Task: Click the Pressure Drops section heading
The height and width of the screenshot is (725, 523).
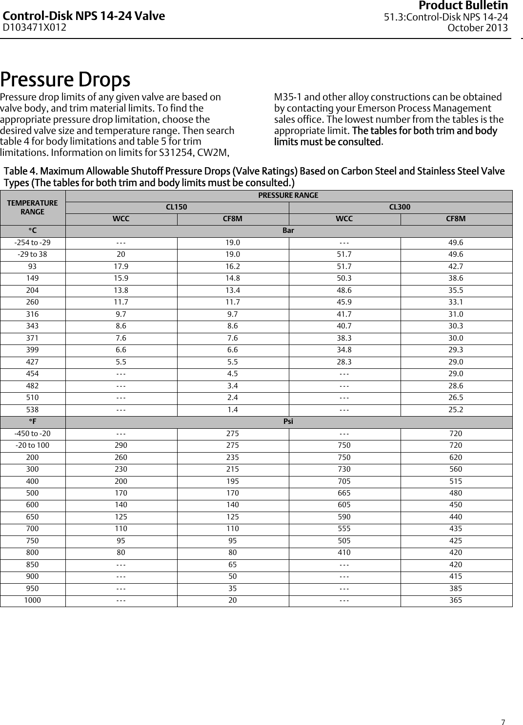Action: pyautogui.click(x=65, y=79)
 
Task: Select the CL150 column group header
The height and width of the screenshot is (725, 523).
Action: pyautogui.click(x=177, y=207)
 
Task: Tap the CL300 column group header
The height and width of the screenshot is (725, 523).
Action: pyautogui.click(x=400, y=207)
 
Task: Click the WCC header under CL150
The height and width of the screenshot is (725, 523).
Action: pyautogui.click(x=121, y=219)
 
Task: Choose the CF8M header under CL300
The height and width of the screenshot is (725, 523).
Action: pyautogui.click(x=456, y=219)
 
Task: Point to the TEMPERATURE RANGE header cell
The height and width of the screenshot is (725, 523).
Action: pyautogui.click(x=33, y=207)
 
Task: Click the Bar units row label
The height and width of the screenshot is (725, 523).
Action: pyautogui.click(x=288, y=230)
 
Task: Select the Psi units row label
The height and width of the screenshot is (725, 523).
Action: pyautogui.click(x=288, y=421)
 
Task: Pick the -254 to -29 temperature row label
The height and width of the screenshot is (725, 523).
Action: pyautogui.click(x=33, y=243)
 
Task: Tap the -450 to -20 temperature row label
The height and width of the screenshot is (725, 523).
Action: pyautogui.click(x=33, y=434)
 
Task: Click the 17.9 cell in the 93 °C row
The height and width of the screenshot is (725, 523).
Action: pyautogui.click(x=121, y=267)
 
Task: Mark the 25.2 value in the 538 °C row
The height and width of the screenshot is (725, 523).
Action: pyautogui.click(x=456, y=410)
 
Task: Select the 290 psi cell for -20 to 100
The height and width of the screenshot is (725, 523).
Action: pyautogui.click(x=121, y=445)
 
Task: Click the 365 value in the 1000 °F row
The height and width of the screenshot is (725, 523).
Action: pyautogui.click(x=456, y=600)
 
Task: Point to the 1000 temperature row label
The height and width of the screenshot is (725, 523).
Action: pyautogui.click(x=33, y=600)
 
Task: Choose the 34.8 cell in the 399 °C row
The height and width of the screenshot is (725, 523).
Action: pyautogui.click(x=344, y=350)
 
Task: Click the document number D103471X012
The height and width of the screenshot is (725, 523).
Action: pyautogui.click(x=35, y=27)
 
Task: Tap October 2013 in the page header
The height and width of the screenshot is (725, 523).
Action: pyautogui.click(x=478, y=28)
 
